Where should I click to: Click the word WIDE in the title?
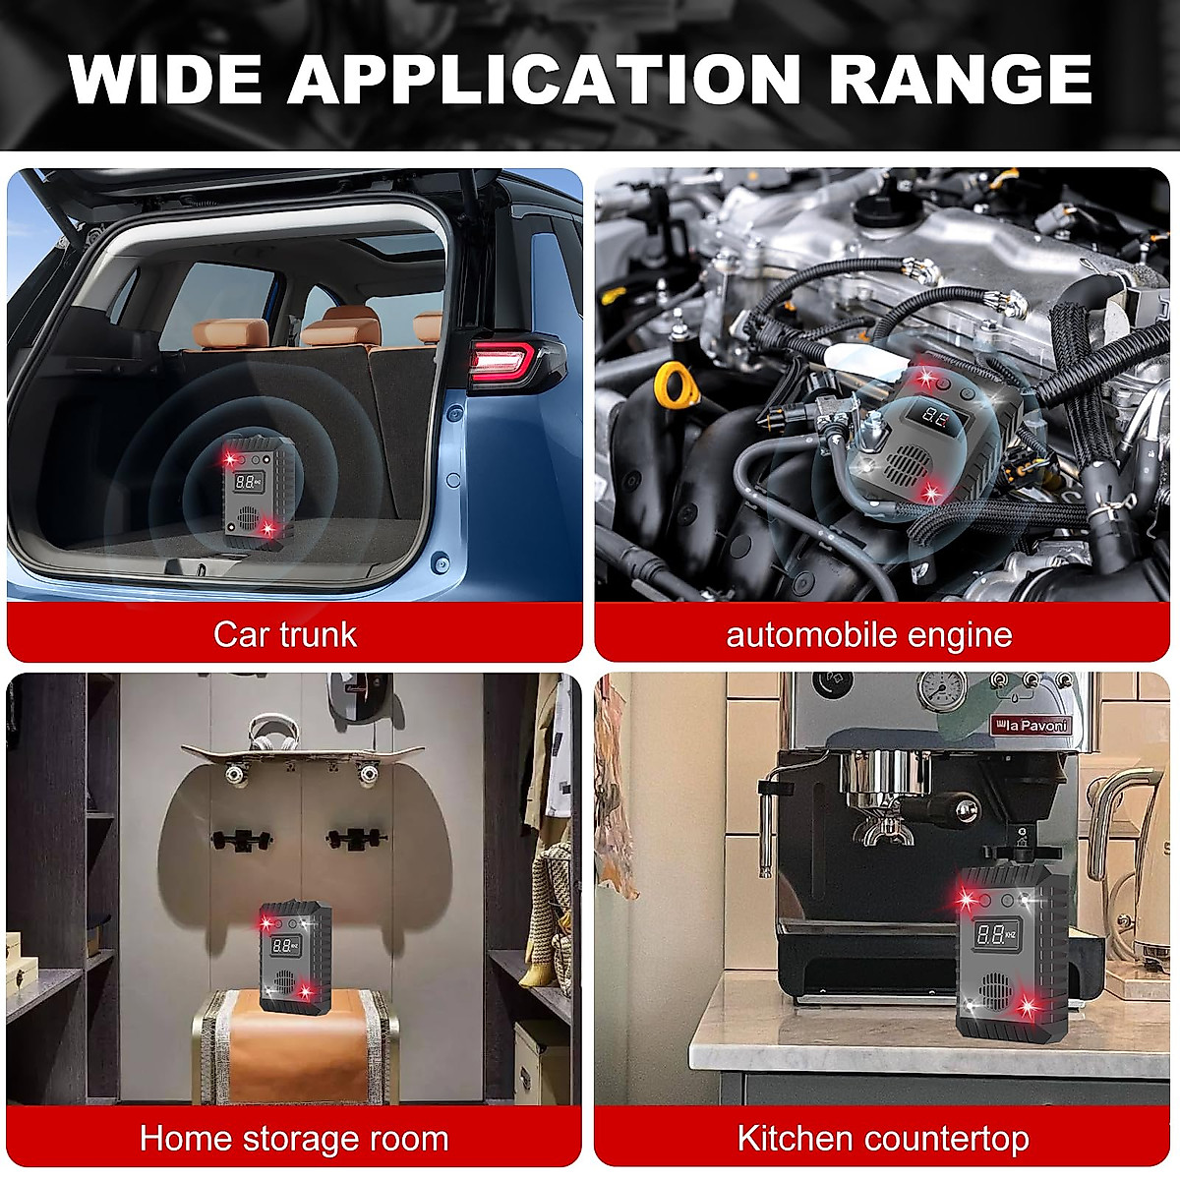166,79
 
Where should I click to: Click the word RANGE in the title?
961,79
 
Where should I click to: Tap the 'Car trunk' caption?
285,634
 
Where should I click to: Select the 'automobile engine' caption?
869,634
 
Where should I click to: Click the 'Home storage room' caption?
294,1139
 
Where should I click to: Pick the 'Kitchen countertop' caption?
883,1139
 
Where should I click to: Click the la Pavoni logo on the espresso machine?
1028,726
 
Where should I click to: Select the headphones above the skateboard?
269,733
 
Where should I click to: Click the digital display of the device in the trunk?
248,482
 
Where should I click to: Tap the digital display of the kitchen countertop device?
997,935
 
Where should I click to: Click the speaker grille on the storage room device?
285,982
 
